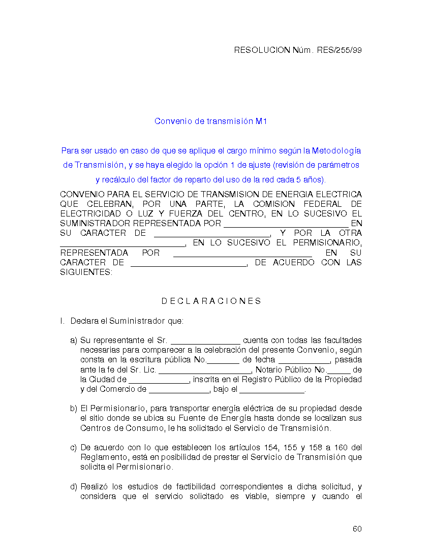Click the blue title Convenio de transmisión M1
(211, 121)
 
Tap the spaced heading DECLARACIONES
(211, 301)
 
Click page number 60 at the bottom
(357, 529)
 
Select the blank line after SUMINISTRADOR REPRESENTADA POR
(286, 224)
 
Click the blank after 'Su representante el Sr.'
(205, 341)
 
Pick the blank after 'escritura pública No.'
(223, 360)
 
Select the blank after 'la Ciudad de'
(159, 380)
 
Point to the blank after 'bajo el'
(271, 390)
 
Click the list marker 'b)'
(74, 409)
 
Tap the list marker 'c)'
(74, 448)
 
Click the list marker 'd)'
(74, 487)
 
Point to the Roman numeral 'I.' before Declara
(62, 321)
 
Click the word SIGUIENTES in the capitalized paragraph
(86, 272)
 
